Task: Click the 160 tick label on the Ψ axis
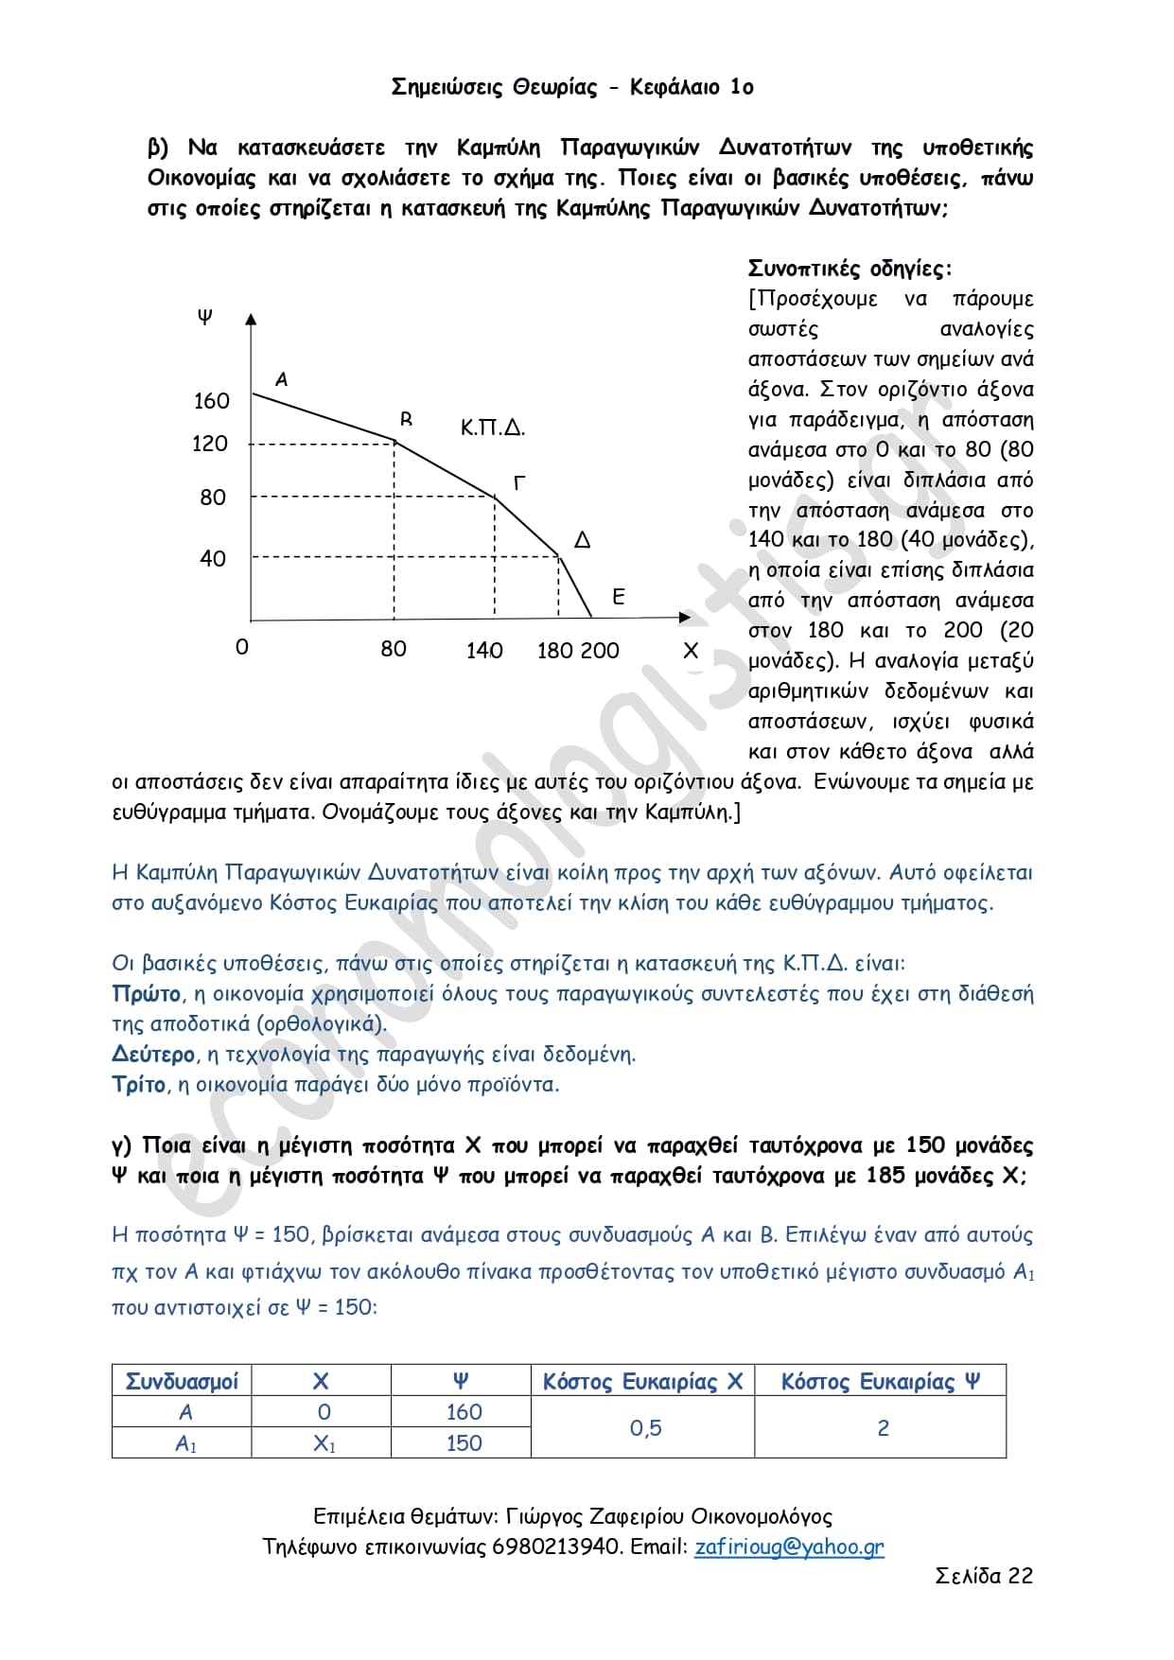pyautogui.click(x=211, y=401)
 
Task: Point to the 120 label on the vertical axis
pyautogui.click(x=210, y=444)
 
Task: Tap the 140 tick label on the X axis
pyautogui.click(x=484, y=651)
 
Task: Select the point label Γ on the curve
pyautogui.click(x=519, y=483)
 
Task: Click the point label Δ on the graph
pyautogui.click(x=583, y=540)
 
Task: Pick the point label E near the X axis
pyautogui.click(x=619, y=597)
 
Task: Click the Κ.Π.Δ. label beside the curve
pyautogui.click(x=493, y=428)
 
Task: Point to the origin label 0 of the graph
pyautogui.click(x=242, y=648)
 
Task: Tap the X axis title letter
pyautogui.click(x=691, y=651)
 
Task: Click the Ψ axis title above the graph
pyautogui.click(x=205, y=317)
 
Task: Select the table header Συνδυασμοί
pyautogui.click(x=182, y=1381)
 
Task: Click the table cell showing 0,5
pyautogui.click(x=645, y=1428)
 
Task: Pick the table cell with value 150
pyautogui.click(x=464, y=1443)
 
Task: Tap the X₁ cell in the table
pyautogui.click(x=324, y=1444)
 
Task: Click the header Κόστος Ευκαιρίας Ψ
pyautogui.click(x=880, y=1381)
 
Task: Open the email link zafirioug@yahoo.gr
pyautogui.click(x=789, y=1546)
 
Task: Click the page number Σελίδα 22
pyautogui.click(x=984, y=1576)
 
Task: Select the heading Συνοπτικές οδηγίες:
pyautogui.click(x=850, y=269)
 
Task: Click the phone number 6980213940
pyautogui.click(x=556, y=1546)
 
